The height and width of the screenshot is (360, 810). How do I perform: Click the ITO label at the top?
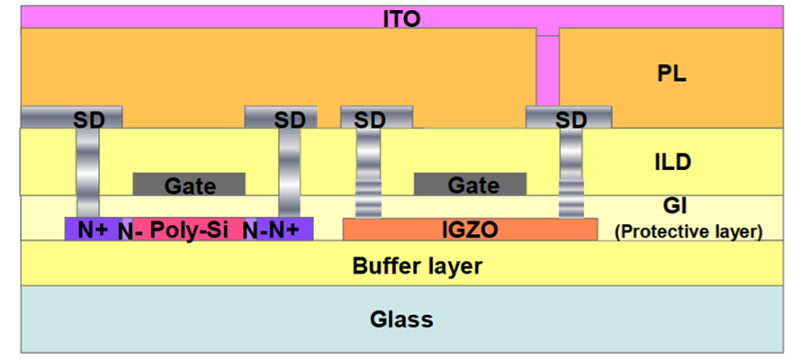401,19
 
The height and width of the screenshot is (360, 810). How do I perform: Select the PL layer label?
671,75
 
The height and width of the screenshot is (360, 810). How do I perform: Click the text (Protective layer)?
688,232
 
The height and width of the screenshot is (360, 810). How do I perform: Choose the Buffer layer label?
417,266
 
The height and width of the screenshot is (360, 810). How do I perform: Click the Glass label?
401,319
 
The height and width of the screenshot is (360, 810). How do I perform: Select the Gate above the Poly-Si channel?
189,184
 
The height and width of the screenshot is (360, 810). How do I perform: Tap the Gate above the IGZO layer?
470,184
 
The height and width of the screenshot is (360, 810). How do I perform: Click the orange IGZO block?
470,229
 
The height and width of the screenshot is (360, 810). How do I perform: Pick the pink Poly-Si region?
189,229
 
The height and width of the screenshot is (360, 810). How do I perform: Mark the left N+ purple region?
94,229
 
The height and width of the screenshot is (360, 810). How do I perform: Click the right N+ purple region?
284,229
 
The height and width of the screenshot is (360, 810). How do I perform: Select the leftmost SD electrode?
71,117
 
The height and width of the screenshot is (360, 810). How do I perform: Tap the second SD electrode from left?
281,117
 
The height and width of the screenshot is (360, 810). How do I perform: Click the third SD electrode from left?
376,117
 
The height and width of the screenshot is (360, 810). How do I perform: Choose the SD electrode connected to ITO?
569,117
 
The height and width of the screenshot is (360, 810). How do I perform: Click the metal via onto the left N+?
88,173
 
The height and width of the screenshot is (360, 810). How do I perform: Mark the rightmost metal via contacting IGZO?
571,173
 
